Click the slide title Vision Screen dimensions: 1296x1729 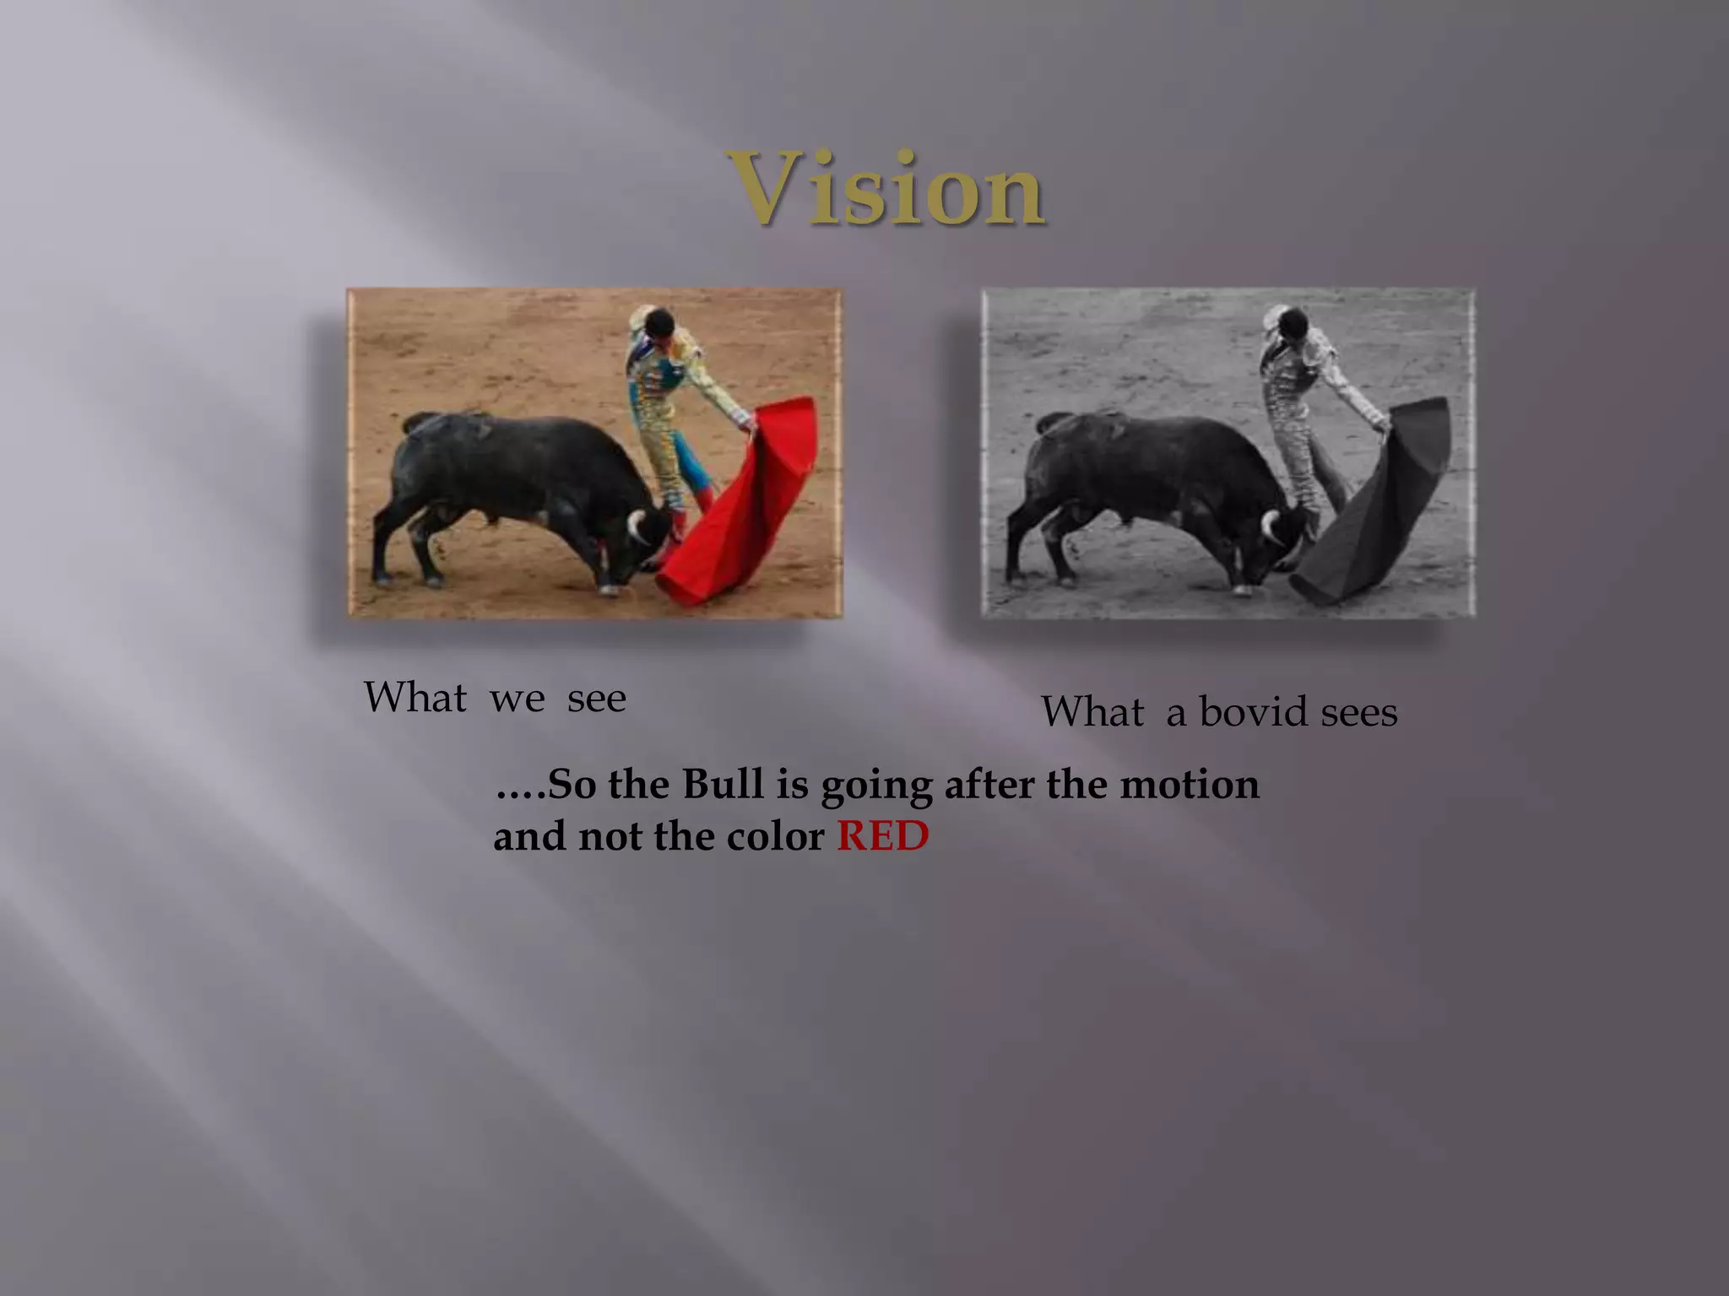click(886, 189)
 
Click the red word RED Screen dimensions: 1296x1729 click(882, 836)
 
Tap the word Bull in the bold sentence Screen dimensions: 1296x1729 click(722, 784)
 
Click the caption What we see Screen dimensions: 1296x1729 click(495, 698)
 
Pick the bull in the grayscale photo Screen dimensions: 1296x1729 click(1148, 481)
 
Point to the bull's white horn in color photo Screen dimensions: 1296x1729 click(635, 526)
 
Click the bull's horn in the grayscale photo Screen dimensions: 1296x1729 click(1268, 526)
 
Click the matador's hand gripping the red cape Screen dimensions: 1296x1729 click(745, 421)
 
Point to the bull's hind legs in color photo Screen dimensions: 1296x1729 click(405, 540)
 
